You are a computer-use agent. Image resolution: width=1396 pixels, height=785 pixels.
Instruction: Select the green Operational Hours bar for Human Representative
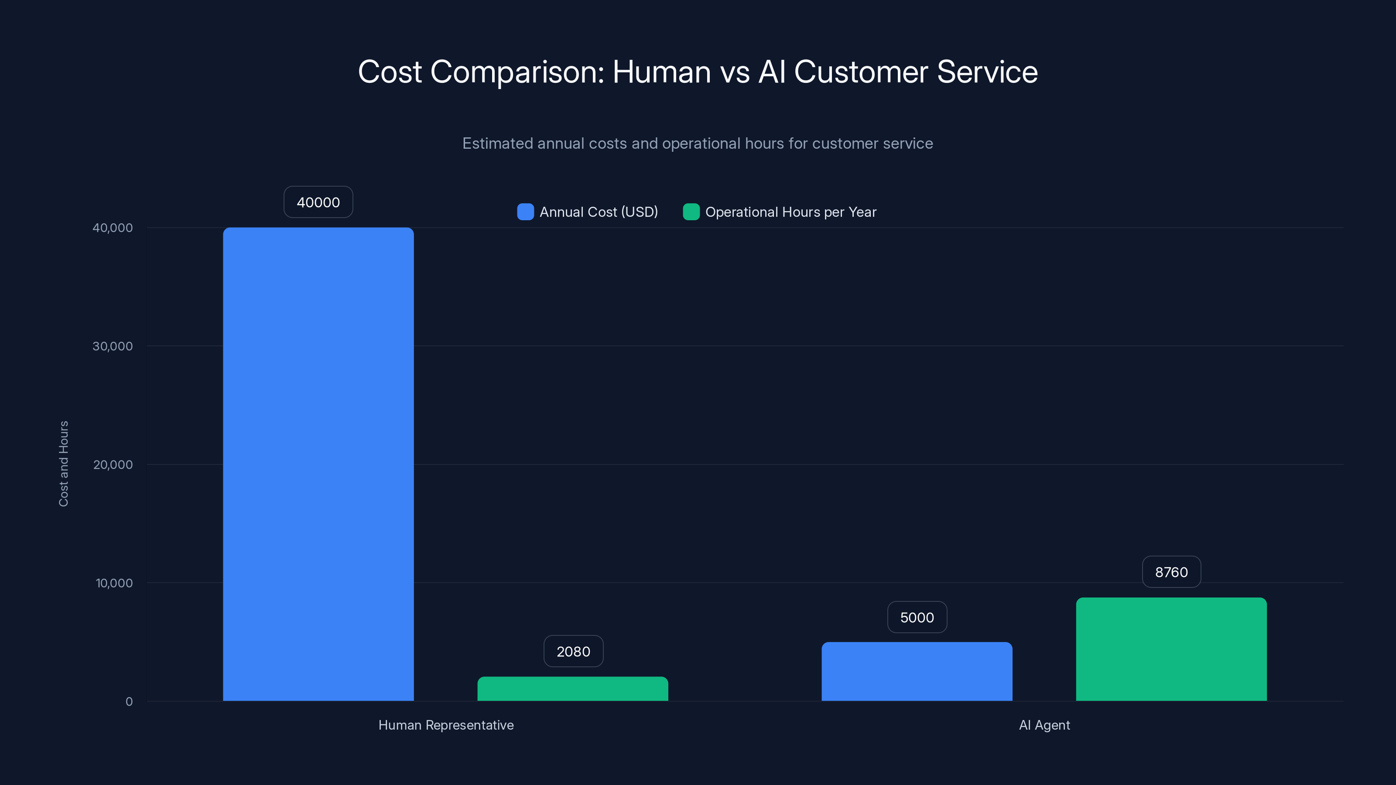coord(572,689)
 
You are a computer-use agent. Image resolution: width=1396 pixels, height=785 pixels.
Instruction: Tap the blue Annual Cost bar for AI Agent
coord(917,671)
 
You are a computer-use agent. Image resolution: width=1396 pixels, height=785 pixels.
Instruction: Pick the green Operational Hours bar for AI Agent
coord(1171,649)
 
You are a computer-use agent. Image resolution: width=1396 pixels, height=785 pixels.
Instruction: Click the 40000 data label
coord(318,202)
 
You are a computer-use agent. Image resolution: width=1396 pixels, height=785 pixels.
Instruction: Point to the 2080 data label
coord(573,651)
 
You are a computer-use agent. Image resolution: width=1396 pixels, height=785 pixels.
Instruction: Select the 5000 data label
coord(917,617)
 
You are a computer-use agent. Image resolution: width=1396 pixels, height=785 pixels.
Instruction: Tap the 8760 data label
coord(1171,572)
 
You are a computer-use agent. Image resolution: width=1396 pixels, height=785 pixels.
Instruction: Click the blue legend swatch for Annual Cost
coord(525,212)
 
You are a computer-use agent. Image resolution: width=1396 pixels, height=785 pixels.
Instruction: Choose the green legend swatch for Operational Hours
coord(691,212)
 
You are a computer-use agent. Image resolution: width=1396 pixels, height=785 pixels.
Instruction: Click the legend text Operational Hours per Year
coord(790,212)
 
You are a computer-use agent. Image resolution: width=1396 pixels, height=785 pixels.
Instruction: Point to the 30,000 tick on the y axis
coord(112,346)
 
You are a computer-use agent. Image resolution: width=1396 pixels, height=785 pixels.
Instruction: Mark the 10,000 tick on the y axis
coord(114,583)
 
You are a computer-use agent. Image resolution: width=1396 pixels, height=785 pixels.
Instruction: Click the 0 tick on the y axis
coord(129,702)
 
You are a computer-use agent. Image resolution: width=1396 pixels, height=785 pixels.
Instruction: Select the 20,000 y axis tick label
coord(112,464)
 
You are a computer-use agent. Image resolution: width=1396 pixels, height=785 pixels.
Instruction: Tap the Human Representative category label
coord(445,725)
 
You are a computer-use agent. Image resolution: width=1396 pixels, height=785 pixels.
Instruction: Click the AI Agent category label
coord(1044,725)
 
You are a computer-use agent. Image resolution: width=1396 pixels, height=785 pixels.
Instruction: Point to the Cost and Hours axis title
coord(63,464)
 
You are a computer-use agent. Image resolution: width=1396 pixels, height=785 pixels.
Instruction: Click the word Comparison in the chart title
coord(517,72)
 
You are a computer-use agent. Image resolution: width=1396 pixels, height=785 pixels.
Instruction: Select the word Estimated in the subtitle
coord(497,143)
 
